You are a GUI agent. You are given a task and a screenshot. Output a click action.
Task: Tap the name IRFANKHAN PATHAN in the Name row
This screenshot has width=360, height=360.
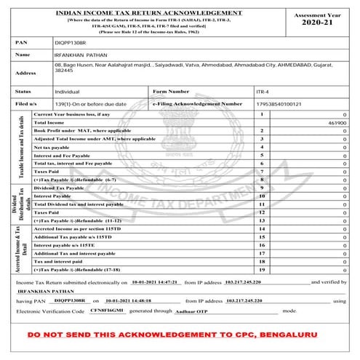[87, 55]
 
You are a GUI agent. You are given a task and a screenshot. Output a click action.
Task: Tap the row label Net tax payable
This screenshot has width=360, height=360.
[58, 147]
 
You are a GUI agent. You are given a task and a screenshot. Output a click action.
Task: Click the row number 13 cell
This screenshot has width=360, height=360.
[262, 220]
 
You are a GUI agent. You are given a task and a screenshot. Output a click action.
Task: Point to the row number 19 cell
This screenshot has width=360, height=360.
[262, 269]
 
